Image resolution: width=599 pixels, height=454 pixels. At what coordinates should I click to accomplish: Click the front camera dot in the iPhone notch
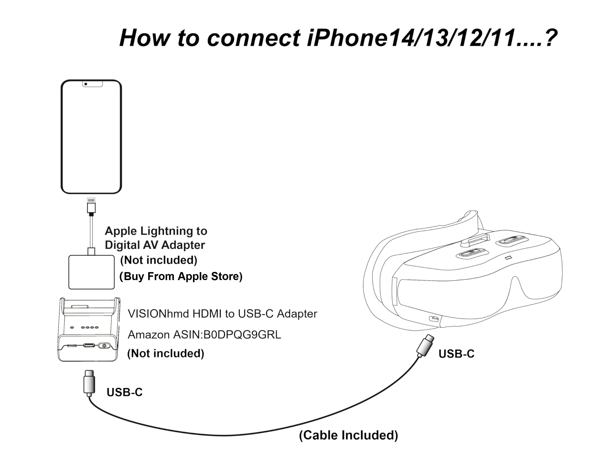tap(86, 84)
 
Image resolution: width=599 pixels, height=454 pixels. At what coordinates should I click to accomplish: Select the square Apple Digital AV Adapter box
tap(91, 272)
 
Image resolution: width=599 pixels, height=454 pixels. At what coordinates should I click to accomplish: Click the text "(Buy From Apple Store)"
tap(181, 276)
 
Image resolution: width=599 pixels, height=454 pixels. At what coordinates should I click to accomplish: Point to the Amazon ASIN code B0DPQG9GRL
tap(242, 335)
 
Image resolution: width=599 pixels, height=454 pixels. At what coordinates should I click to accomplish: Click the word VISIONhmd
tap(158, 314)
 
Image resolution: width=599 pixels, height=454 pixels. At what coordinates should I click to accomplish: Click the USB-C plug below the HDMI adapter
tap(89, 383)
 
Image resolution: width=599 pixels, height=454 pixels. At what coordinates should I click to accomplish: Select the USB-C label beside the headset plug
tap(456, 354)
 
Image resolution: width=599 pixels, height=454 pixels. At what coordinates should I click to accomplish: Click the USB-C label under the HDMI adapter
tap(124, 392)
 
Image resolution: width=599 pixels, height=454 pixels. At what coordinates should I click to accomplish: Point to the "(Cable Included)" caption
tap(348, 435)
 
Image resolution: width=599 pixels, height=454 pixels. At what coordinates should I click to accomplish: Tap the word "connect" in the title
tap(253, 38)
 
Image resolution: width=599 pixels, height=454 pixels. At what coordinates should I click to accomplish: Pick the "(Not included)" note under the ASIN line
tap(165, 353)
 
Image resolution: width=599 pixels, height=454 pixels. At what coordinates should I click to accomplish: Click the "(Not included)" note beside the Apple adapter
tap(159, 260)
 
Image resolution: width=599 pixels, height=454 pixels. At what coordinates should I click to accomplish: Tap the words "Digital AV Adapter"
tap(155, 245)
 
